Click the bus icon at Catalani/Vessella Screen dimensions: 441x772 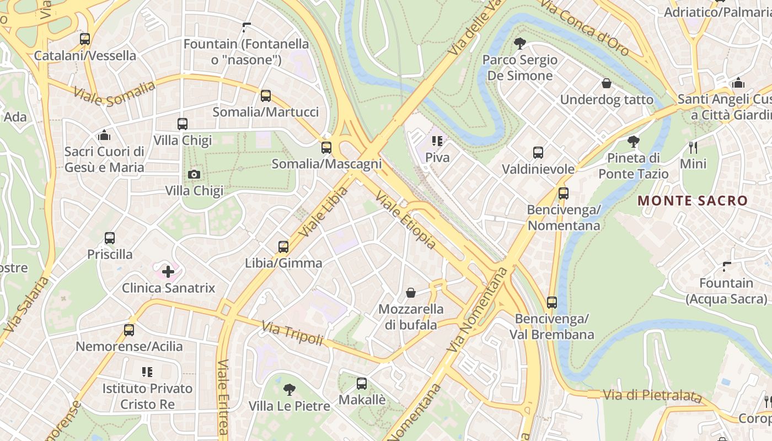(85, 39)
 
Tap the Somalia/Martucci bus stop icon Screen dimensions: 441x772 (266, 96)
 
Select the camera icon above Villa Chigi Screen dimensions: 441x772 (194, 175)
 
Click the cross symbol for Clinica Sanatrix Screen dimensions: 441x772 (168, 271)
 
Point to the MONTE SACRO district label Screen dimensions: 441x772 (693, 201)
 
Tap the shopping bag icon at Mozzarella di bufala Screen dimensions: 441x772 (411, 292)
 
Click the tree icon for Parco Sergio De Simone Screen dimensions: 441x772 (519, 43)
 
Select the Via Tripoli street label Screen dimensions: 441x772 (292, 333)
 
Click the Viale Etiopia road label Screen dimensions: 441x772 (406, 220)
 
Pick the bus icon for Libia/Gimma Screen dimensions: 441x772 (283, 246)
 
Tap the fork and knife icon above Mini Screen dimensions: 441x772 (693, 147)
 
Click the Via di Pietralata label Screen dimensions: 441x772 (652, 396)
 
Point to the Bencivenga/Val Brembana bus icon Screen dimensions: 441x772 (552, 302)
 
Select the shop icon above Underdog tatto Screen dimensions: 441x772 (607, 83)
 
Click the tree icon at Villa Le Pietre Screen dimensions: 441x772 (289, 390)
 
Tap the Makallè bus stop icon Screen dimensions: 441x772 (362, 383)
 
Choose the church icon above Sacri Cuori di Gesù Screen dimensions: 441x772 (104, 135)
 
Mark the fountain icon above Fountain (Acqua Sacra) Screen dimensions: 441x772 (727, 266)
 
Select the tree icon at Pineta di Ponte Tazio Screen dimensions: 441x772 (634, 142)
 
